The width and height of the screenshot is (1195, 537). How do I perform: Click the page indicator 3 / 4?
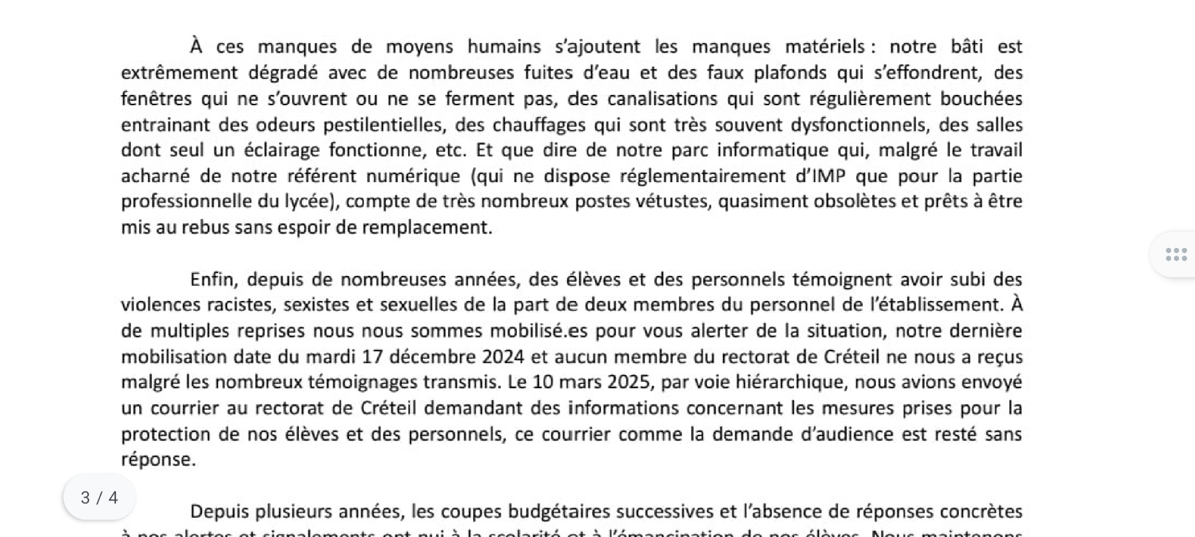[99, 498]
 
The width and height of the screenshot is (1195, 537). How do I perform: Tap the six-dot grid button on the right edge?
[1175, 255]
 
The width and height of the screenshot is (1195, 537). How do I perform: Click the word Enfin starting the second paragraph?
[214, 280]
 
